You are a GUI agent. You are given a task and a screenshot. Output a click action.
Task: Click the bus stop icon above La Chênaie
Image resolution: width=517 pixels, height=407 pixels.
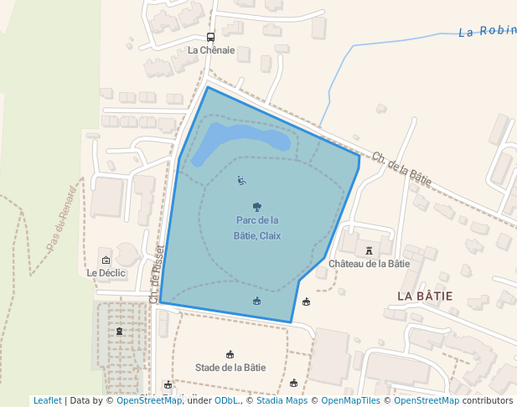[210, 37]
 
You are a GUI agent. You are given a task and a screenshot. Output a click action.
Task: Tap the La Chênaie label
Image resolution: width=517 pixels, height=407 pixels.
[210, 50]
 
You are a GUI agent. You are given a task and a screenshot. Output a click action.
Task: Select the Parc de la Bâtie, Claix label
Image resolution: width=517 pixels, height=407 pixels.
[257, 228]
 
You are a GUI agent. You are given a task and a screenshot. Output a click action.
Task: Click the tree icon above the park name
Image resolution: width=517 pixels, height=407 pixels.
[257, 206]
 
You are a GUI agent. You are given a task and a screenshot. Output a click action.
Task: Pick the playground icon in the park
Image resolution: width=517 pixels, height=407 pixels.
[241, 180]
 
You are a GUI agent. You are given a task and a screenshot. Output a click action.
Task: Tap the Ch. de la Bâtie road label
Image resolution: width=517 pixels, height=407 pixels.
[402, 169]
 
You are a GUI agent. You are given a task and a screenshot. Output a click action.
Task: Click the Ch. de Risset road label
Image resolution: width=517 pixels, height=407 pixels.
[156, 274]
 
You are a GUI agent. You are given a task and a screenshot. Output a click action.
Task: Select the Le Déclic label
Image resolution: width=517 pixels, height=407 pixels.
[106, 273]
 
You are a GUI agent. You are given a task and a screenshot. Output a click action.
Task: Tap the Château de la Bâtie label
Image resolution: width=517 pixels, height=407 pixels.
[369, 263]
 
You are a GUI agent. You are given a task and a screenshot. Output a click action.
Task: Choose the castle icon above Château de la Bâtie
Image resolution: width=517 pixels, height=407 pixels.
[369, 250]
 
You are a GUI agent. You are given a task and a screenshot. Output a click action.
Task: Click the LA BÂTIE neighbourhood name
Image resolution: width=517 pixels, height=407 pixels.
[425, 296]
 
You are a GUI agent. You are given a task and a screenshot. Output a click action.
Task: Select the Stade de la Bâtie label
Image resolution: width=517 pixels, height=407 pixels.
[230, 367]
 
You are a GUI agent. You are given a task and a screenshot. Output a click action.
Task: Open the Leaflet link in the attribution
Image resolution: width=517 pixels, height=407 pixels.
[47, 400]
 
